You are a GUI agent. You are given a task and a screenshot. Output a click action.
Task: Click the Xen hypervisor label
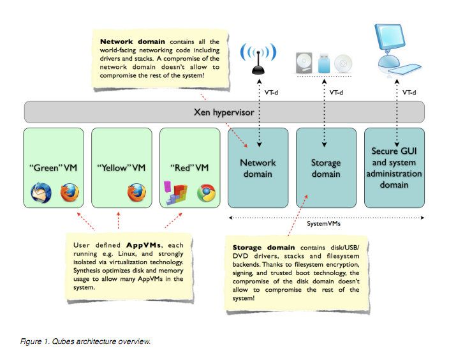click(224, 112)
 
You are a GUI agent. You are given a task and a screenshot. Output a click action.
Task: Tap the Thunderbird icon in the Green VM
click(40, 192)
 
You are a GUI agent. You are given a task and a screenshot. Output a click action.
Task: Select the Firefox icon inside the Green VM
click(70, 192)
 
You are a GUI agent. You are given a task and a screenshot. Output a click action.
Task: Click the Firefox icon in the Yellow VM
click(136, 192)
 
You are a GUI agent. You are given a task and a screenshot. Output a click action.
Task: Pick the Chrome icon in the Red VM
click(205, 192)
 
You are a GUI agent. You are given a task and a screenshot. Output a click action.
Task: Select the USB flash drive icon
click(324, 63)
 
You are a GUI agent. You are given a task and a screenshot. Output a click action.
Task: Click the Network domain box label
click(258, 168)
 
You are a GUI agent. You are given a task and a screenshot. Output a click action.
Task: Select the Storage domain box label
click(326, 168)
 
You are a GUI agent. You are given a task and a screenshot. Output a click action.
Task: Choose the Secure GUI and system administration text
click(396, 168)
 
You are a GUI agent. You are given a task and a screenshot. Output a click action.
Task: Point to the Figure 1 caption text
click(85, 341)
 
